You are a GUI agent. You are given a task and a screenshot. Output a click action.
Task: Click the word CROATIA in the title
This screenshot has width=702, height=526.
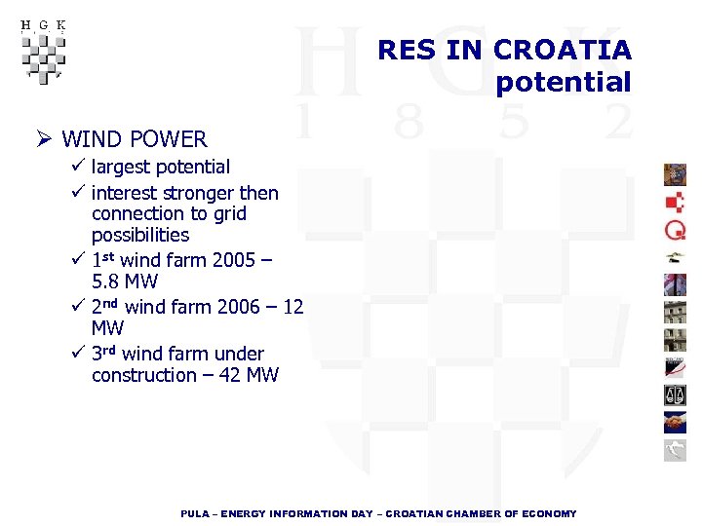point(563,50)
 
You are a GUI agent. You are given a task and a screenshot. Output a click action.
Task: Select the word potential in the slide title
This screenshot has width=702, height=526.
point(564,82)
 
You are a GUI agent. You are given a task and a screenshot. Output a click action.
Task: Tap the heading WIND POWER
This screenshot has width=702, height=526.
point(135,139)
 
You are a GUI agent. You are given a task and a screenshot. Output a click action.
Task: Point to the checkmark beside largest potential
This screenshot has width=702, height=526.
point(79,167)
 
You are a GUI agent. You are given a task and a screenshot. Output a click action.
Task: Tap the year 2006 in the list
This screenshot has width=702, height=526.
point(234,307)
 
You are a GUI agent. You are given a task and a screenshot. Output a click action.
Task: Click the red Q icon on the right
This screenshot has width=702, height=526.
point(675,229)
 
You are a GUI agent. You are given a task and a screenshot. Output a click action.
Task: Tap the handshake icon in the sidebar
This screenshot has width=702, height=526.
point(675,422)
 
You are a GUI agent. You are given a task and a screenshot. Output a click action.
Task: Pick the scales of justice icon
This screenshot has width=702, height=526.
point(675,394)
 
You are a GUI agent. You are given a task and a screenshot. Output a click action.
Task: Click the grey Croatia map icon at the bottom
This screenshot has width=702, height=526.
point(675,449)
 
